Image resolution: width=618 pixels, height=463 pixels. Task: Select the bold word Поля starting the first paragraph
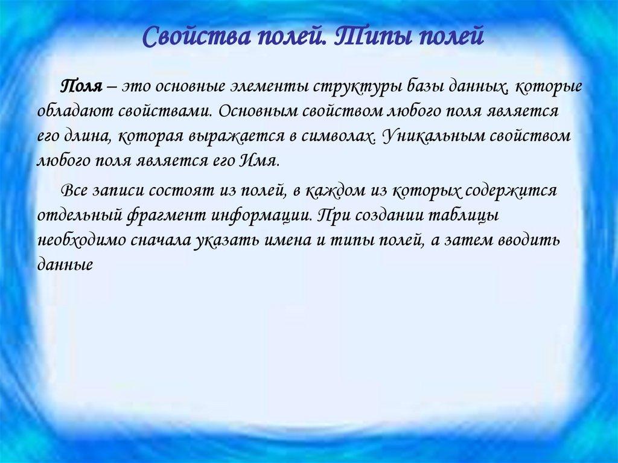pos(81,86)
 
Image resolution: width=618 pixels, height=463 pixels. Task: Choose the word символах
pos(338,137)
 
